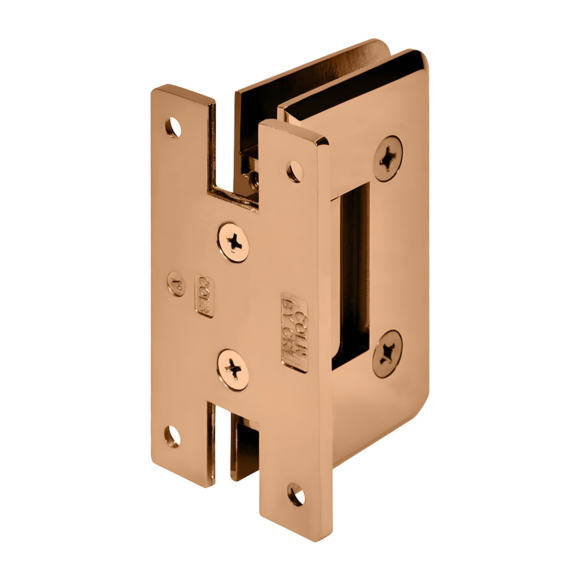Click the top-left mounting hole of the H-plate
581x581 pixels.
click(173, 127)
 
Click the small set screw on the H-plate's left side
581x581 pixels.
click(176, 284)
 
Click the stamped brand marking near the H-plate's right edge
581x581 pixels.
click(294, 332)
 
